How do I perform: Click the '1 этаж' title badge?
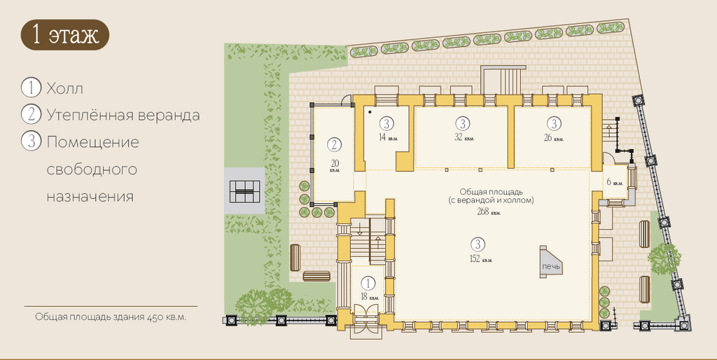[x=64, y=35]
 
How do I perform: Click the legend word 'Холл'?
[x=65, y=88]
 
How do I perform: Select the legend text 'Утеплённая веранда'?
[x=123, y=115]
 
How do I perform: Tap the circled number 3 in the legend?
[x=31, y=141]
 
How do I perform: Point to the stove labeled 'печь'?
[x=550, y=263]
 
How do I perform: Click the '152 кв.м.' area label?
[x=480, y=259]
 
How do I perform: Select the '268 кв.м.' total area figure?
[x=488, y=212]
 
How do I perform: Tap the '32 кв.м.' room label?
[x=464, y=137]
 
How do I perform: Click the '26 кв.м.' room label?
[x=553, y=137]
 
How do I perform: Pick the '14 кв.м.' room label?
[x=387, y=137]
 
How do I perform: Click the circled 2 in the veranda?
[x=334, y=145]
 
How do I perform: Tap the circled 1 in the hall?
[x=368, y=284]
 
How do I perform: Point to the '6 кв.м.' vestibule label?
[x=615, y=182]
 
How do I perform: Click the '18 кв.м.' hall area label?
[x=370, y=296]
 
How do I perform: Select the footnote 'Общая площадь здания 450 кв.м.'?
[x=111, y=317]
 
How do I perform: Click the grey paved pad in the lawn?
[x=244, y=191]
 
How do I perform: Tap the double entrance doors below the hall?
[x=367, y=325]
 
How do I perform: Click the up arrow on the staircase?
[x=377, y=242]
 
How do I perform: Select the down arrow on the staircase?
[x=360, y=228]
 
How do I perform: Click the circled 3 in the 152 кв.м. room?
[x=478, y=244]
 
